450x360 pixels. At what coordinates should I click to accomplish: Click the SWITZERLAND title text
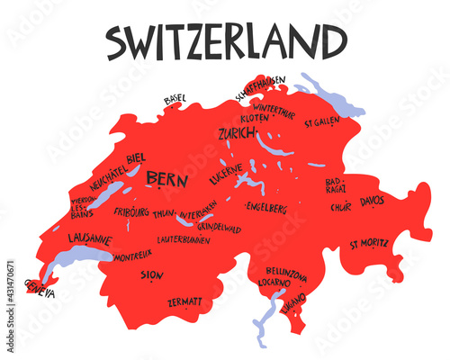(x=225, y=41)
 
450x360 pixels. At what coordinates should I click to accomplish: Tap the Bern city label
(x=166, y=177)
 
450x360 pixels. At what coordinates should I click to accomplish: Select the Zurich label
(x=237, y=134)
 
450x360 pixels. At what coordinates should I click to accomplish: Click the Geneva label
(x=40, y=289)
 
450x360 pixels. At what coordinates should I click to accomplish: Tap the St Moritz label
(x=369, y=242)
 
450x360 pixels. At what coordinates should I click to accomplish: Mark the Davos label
(x=372, y=202)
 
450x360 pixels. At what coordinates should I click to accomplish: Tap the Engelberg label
(x=265, y=208)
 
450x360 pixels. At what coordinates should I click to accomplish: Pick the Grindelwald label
(x=219, y=229)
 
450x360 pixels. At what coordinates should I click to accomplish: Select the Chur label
(x=339, y=207)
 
